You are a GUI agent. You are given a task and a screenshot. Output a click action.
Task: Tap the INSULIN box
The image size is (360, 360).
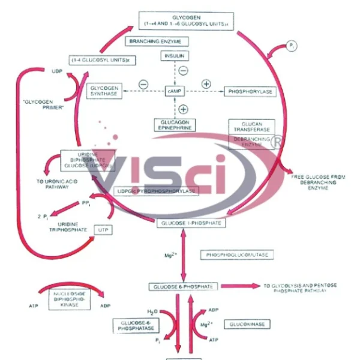pos(175,56)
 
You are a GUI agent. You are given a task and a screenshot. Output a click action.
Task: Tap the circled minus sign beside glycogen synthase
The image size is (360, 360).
pos(143,85)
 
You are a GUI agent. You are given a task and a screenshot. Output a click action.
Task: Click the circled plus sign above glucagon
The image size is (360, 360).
pos(184,109)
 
